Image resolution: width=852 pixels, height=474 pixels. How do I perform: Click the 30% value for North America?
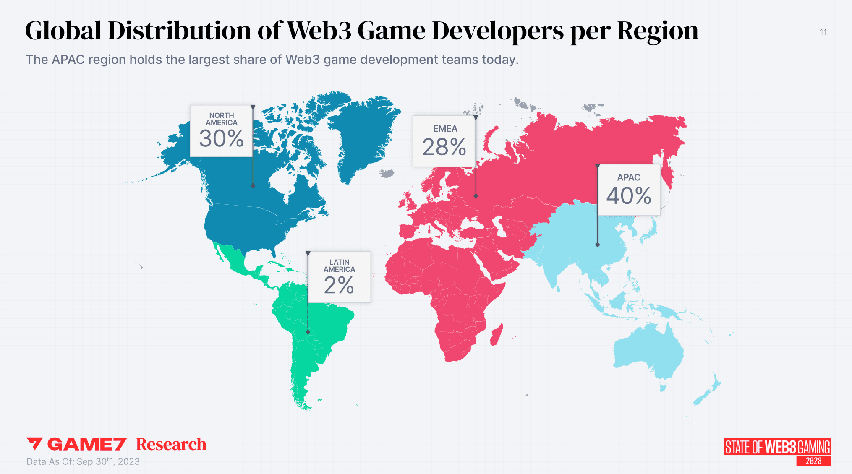pyautogui.click(x=221, y=139)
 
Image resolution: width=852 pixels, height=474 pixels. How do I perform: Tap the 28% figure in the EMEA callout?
pyautogui.click(x=444, y=147)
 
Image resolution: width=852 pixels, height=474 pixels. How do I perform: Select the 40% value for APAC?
pyautogui.click(x=628, y=196)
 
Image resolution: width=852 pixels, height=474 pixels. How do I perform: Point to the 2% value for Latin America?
pyautogui.click(x=339, y=286)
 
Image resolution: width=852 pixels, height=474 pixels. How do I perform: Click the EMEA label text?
pyautogui.click(x=445, y=129)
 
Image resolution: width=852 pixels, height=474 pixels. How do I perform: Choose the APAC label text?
pyautogui.click(x=628, y=177)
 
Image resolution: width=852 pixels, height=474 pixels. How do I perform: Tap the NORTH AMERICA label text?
pyautogui.click(x=221, y=119)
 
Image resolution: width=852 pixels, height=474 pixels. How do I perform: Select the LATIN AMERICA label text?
pyautogui.click(x=339, y=266)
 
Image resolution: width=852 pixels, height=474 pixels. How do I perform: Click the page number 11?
pyautogui.click(x=823, y=32)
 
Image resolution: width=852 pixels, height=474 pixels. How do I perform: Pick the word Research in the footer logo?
pyautogui.click(x=171, y=444)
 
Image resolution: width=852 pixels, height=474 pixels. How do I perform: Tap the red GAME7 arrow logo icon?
pyautogui.click(x=34, y=444)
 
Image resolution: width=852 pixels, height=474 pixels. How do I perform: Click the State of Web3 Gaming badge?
pyautogui.click(x=777, y=447)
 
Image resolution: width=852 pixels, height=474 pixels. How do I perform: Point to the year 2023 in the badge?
pyautogui.click(x=813, y=461)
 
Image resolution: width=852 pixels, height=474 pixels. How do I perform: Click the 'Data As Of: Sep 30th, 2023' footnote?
pyautogui.click(x=83, y=461)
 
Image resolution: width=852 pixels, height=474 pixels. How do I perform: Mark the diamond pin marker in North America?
pyautogui.click(x=253, y=185)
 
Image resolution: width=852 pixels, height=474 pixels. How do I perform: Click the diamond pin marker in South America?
pyautogui.click(x=308, y=332)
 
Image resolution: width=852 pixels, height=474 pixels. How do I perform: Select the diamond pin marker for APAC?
pyautogui.click(x=598, y=245)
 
